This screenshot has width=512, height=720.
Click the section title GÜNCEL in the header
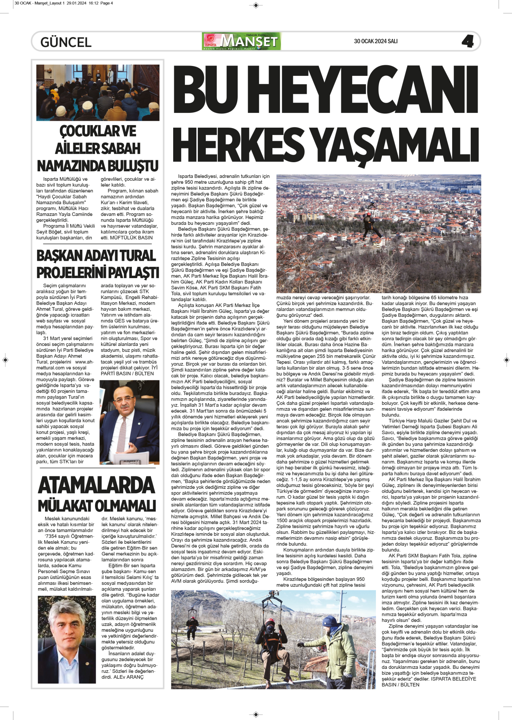coord(66,42)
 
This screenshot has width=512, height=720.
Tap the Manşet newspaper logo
coord(241,41)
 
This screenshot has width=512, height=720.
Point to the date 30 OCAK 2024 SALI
coord(376,41)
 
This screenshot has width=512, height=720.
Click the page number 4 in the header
coord(468,41)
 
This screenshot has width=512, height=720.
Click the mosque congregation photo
coord(98,92)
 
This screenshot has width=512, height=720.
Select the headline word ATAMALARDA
coord(97,486)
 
